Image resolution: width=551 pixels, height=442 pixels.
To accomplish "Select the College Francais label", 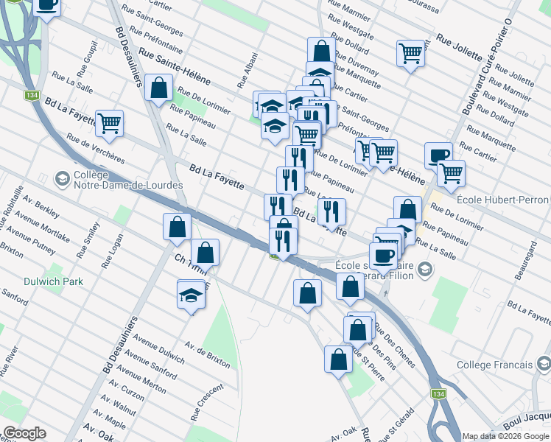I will (494, 365).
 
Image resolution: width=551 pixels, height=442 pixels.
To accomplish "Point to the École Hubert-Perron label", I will (502, 200).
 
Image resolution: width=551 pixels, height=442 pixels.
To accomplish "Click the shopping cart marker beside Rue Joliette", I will (410, 53).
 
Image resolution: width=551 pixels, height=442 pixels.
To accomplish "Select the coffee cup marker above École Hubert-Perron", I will (438, 155).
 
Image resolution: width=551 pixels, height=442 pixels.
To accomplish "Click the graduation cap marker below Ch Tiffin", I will (191, 295).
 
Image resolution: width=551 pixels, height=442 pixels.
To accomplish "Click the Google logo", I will (24, 433).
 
